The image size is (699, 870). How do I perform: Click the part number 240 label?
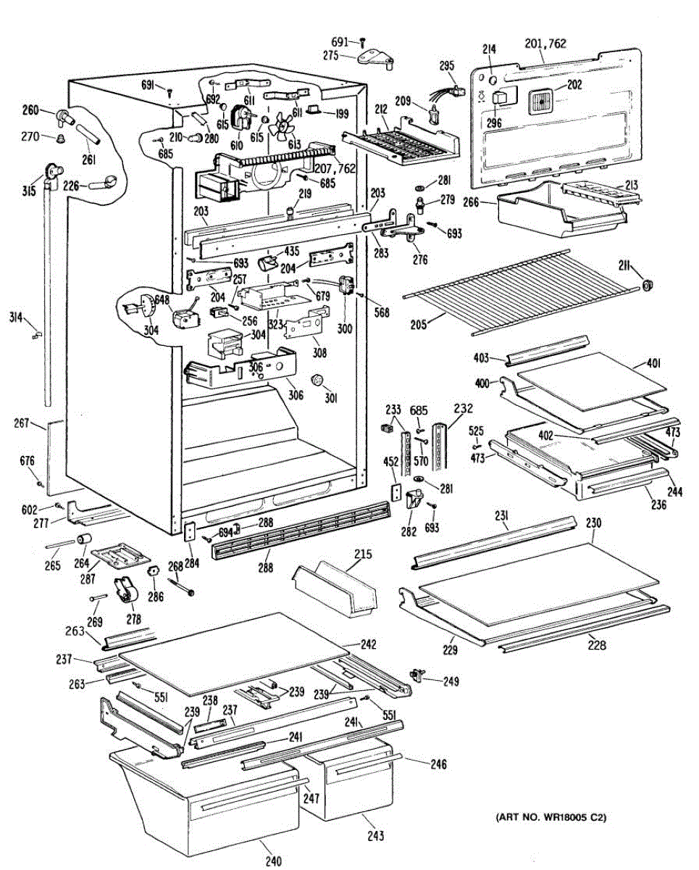pos(272,861)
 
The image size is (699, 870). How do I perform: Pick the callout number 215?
pos(362,555)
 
